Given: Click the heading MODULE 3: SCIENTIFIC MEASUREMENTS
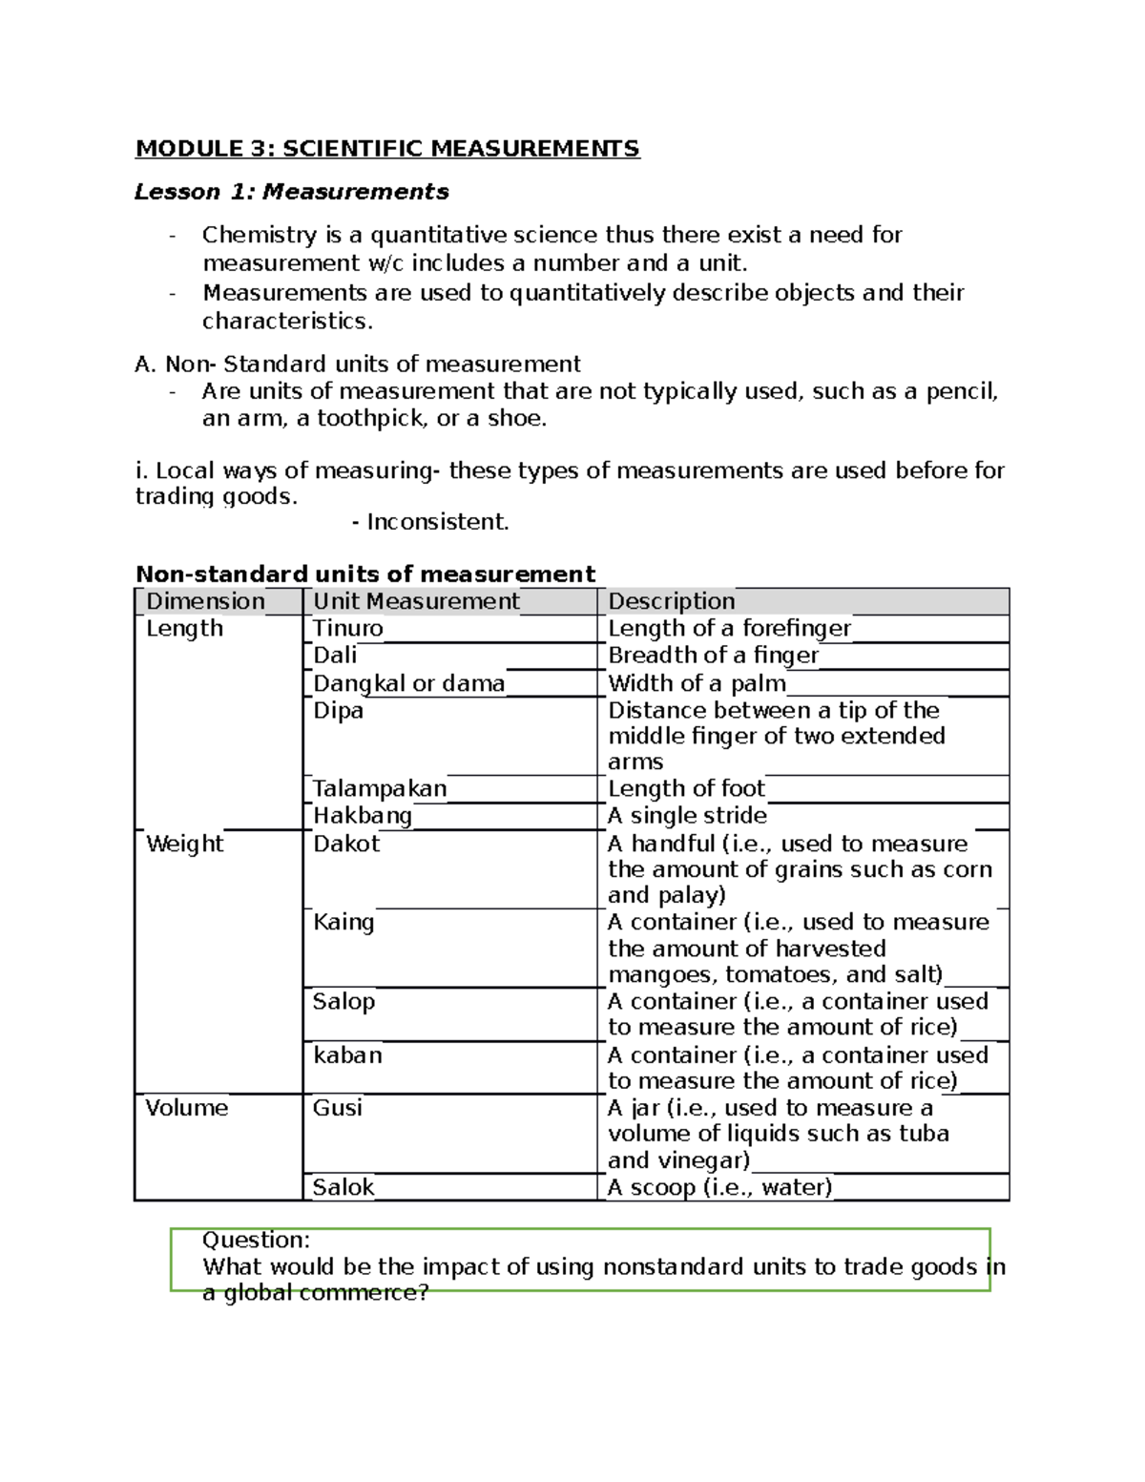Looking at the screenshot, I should [387, 149].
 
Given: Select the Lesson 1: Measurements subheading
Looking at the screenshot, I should [291, 192].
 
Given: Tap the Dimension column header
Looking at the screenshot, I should [205, 601].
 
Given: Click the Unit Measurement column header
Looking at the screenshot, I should [416, 601].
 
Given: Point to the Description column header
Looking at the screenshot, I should [672, 601].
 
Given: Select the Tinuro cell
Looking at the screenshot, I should [348, 629].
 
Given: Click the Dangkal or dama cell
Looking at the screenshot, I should [408, 683].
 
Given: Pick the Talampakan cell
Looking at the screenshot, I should [380, 789].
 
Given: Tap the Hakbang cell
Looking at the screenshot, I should [363, 816].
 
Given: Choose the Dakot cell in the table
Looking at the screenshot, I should [346, 844].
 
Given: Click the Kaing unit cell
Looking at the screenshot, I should [343, 923].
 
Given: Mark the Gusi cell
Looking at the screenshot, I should [338, 1108].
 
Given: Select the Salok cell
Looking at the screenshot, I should [343, 1187].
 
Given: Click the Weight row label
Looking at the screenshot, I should [184, 844].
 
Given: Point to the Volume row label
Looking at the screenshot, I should [187, 1108].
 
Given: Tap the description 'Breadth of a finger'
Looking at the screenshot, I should [713, 656].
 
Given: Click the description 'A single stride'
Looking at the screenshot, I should [687, 816].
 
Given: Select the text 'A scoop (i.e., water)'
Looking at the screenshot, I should [720, 1187].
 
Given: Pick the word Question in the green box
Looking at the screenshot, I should [256, 1240].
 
